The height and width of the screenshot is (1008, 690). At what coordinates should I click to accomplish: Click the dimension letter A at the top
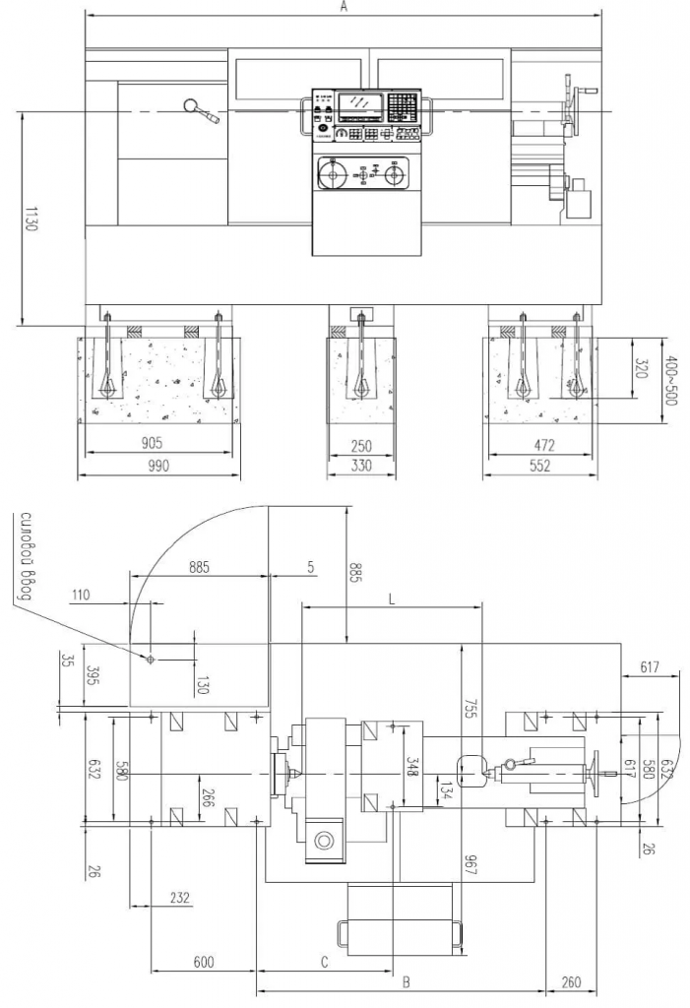click(344, 7)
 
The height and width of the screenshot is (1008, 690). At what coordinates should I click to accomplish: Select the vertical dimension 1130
click(30, 219)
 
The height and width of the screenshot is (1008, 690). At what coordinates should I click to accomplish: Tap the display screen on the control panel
click(360, 104)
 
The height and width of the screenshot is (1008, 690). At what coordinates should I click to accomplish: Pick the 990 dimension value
click(157, 467)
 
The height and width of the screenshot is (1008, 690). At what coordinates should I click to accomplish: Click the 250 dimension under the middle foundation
click(362, 445)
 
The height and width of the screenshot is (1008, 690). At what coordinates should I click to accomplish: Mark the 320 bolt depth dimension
click(642, 369)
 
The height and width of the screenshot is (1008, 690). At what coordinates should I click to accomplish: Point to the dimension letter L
click(392, 598)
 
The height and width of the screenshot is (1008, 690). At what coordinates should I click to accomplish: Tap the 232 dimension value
click(179, 898)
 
